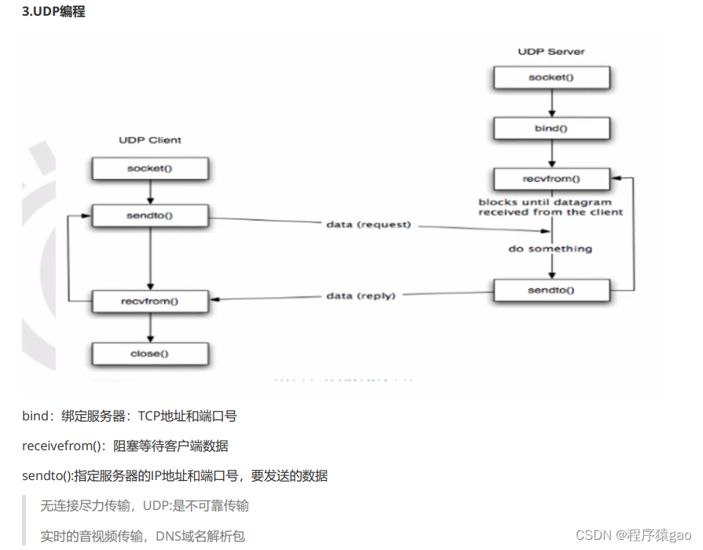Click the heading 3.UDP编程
[x=53, y=13]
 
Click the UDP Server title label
[x=551, y=51]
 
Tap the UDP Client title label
[x=149, y=140]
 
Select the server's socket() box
[x=551, y=78]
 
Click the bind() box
[x=551, y=128]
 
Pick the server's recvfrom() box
[x=551, y=178]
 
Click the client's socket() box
[x=149, y=168]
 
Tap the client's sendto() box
[x=149, y=214]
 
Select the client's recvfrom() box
[x=149, y=301]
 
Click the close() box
[x=149, y=354]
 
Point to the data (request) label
[x=368, y=225]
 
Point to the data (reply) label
[x=361, y=295]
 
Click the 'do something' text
[x=551, y=249]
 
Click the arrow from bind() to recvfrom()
[x=551, y=153]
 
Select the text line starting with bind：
[x=130, y=416]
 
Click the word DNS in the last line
[x=168, y=536]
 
